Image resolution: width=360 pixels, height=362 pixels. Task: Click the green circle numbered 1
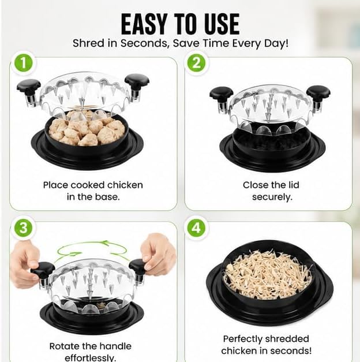24,62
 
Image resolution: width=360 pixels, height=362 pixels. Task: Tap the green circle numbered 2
196,62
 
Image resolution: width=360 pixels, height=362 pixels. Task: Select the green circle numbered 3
24,228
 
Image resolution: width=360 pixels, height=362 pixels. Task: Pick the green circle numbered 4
196,228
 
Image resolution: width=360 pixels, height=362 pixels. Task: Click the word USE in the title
222,24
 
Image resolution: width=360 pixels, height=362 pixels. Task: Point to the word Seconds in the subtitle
145,44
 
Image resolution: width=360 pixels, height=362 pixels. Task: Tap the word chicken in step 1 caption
125,185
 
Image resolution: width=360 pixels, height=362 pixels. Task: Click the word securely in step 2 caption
272,197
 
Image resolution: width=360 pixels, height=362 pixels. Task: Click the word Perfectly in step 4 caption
242,339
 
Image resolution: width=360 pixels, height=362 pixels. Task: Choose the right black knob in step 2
318,93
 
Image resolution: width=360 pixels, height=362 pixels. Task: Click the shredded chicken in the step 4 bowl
267,274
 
